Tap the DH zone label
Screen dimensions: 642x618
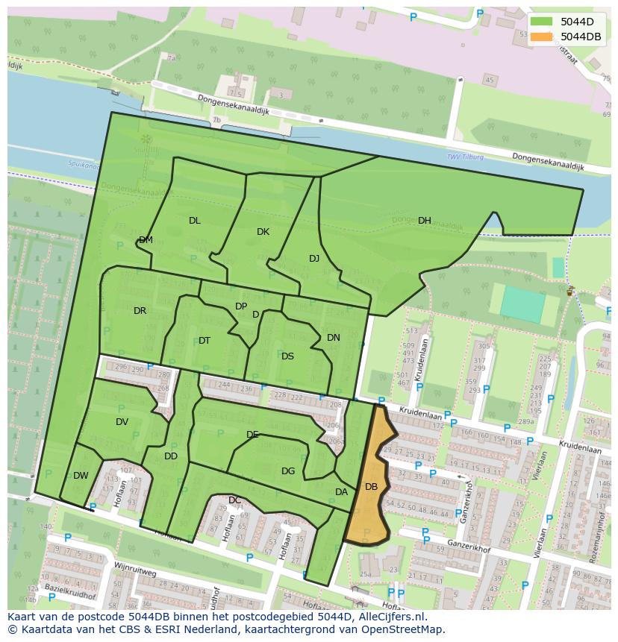coord(424,221)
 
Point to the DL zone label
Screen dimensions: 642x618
coord(194,221)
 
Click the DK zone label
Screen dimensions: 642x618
coord(263,232)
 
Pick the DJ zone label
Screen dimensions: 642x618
coord(314,259)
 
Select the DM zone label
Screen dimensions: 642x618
coord(146,240)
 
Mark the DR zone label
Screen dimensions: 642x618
coord(140,311)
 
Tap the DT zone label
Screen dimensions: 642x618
coord(205,341)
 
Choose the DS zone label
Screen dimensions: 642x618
coord(287,356)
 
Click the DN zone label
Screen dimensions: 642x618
coord(333,338)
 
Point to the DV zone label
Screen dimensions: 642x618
coord(122,422)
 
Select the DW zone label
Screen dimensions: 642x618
coord(81,476)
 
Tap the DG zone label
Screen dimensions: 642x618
coord(288,471)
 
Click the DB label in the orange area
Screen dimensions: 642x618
coord(371,487)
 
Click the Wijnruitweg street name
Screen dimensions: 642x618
coord(135,570)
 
